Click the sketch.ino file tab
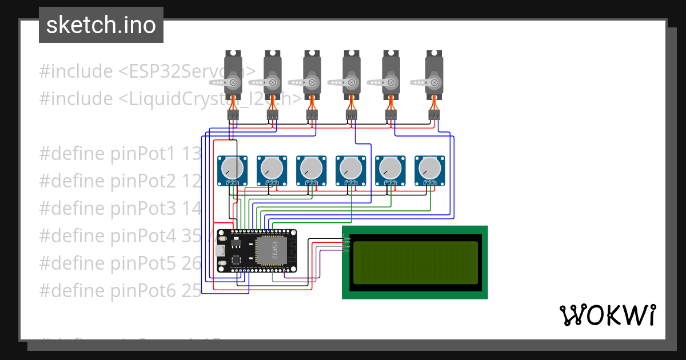coord(101,25)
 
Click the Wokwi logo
coord(607,315)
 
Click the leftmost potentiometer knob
coord(232,167)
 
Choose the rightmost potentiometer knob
coord(429,167)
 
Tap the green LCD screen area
coord(415,262)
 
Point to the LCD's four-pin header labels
coord(347,244)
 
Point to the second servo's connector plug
coord(273,115)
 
